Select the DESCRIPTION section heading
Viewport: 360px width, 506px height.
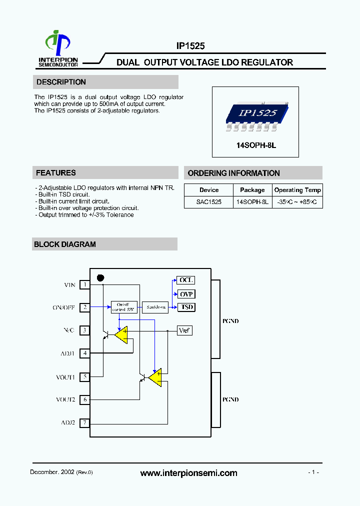point(61,82)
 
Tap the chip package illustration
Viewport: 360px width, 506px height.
point(255,115)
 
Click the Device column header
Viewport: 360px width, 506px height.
point(208,190)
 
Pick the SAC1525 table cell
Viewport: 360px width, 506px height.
point(208,202)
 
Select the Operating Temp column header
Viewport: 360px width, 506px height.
point(297,190)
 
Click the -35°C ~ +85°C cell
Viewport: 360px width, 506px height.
point(297,202)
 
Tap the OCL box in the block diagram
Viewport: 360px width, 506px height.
point(186,280)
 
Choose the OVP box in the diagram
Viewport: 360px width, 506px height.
point(186,294)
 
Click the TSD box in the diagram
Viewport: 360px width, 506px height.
point(186,307)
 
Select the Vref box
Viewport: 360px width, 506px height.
point(185,330)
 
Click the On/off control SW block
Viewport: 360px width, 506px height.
point(123,307)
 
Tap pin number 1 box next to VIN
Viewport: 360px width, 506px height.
point(85,284)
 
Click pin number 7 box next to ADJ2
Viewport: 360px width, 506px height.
point(85,422)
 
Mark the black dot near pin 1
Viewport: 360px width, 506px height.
point(100,278)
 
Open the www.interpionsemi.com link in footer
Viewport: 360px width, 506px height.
point(188,473)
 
